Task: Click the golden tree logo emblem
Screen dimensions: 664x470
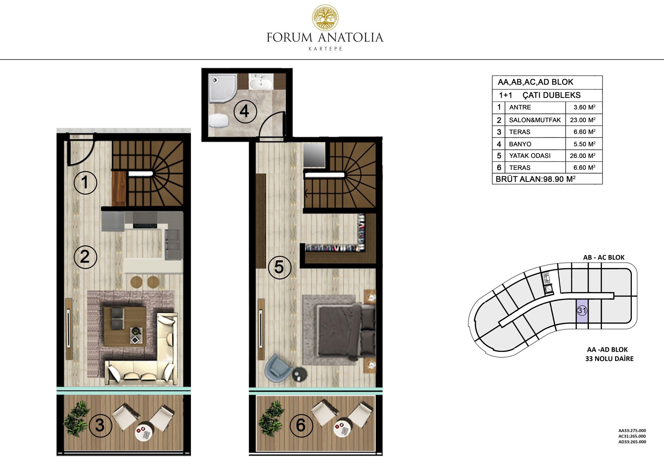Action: (325, 17)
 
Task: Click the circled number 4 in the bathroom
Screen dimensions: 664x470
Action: (245, 111)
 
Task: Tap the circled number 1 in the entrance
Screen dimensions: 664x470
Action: (85, 182)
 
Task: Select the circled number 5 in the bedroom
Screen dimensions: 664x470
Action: (279, 267)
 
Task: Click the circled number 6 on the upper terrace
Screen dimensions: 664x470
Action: (301, 425)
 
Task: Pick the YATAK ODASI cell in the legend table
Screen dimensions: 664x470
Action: (530, 156)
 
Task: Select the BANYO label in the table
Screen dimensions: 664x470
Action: (520, 144)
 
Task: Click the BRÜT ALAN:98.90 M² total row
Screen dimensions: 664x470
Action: (536, 179)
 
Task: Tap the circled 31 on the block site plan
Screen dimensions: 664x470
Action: (582, 310)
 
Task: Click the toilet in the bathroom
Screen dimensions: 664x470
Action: (219, 120)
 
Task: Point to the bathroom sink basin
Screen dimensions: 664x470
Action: (261, 83)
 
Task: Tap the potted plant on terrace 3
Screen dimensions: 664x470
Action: (76, 418)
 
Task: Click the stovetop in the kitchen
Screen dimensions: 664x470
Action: (145, 220)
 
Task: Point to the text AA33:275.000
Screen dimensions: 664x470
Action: (632, 431)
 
